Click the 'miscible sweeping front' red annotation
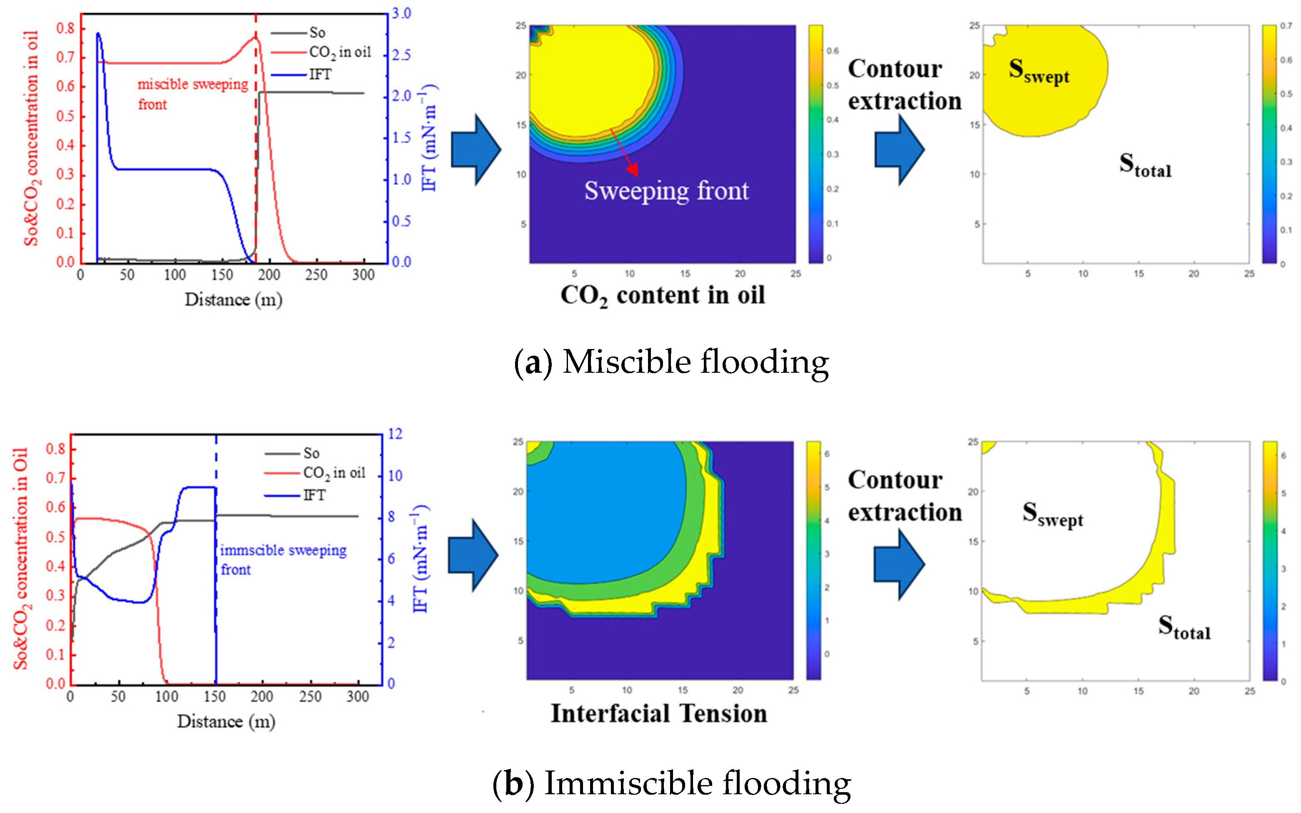pos(192,94)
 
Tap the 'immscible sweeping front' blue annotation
pos(283,559)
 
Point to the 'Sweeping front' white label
pos(666,191)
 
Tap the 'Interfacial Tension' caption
pos(659,713)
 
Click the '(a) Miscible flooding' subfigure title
pos(671,362)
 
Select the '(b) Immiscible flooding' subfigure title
pos(671,783)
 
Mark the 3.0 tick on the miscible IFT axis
pos(401,13)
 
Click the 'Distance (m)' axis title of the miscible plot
pos(233,299)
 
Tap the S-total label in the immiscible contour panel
pos(1184,628)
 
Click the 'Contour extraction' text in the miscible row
pos(904,85)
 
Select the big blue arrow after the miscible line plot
pos(475,150)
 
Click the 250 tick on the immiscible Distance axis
pos(310,697)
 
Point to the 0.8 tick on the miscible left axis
pos(65,28)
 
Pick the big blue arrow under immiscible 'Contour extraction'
pos(898,564)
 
